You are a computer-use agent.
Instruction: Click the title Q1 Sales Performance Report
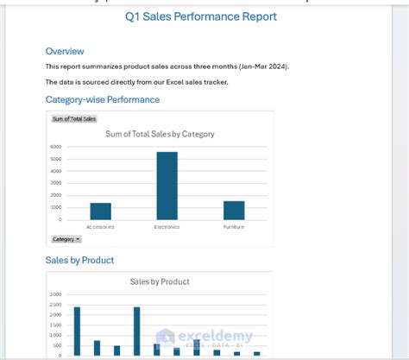point(201,16)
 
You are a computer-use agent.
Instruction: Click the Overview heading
point(65,51)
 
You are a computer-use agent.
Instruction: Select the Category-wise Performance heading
point(102,99)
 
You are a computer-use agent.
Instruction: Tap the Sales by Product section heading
point(79,260)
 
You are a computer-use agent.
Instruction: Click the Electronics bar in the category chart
point(167,186)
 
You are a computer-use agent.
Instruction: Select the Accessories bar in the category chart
point(100,211)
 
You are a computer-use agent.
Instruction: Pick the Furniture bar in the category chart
point(234,210)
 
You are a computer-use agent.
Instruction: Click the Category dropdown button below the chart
point(66,239)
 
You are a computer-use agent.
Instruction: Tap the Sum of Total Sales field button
point(74,118)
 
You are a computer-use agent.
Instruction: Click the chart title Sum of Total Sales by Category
point(160,134)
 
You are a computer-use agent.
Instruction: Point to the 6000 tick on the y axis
point(56,147)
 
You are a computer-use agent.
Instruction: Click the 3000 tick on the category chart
point(56,183)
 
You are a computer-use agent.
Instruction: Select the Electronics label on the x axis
point(167,227)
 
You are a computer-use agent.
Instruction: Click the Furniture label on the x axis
point(234,227)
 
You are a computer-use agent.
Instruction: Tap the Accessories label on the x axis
point(100,227)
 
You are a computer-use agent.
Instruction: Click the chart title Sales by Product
point(160,281)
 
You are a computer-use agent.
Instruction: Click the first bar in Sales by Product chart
point(77,331)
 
